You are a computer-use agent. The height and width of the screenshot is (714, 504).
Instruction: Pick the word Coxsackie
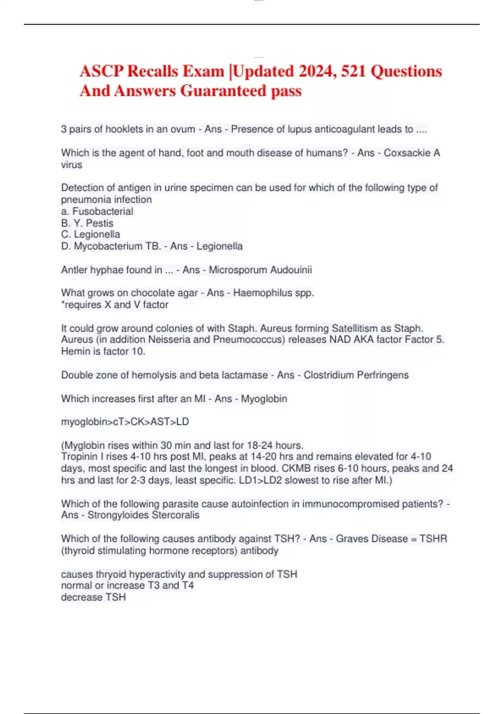tap(407, 153)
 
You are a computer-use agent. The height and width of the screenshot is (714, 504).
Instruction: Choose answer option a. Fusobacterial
tap(97, 211)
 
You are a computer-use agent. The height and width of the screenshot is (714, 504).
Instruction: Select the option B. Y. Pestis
tap(87, 223)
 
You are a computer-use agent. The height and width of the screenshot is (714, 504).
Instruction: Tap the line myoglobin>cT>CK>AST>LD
tap(125, 422)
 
